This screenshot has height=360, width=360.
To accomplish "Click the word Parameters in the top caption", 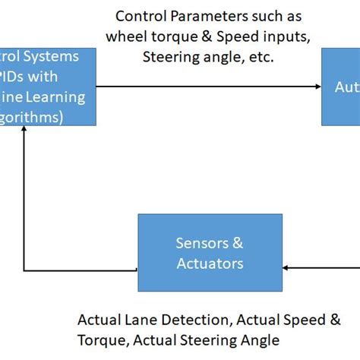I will tap(204, 15).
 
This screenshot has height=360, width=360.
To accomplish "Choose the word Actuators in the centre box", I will tap(210, 264).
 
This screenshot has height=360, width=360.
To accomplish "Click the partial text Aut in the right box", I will tap(346, 87).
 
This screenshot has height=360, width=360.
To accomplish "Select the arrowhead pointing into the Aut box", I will tap(317, 87).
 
